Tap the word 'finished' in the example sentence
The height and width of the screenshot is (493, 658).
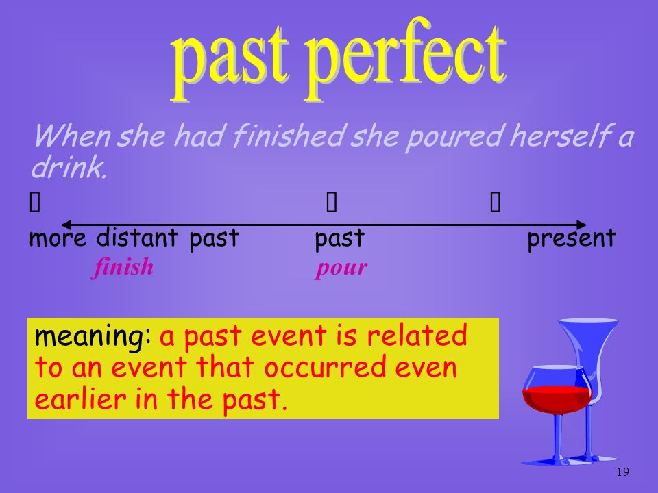[x=288, y=136]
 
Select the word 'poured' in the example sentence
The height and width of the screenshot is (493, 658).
[x=454, y=137]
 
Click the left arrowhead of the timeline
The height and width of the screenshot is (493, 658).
[x=66, y=225]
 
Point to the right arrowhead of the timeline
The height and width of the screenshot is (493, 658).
[x=582, y=225]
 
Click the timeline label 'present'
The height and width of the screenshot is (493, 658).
[x=572, y=238]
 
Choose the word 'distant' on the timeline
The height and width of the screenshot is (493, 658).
[x=137, y=238]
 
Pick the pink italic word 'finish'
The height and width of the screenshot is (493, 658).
[x=123, y=266]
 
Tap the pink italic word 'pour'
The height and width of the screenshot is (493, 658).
[x=341, y=268]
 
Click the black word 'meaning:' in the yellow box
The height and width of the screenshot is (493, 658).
[x=93, y=337]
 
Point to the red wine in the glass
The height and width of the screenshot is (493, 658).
[x=557, y=399]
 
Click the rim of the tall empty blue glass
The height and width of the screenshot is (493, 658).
[x=588, y=320]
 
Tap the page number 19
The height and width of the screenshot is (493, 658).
[x=623, y=472]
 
